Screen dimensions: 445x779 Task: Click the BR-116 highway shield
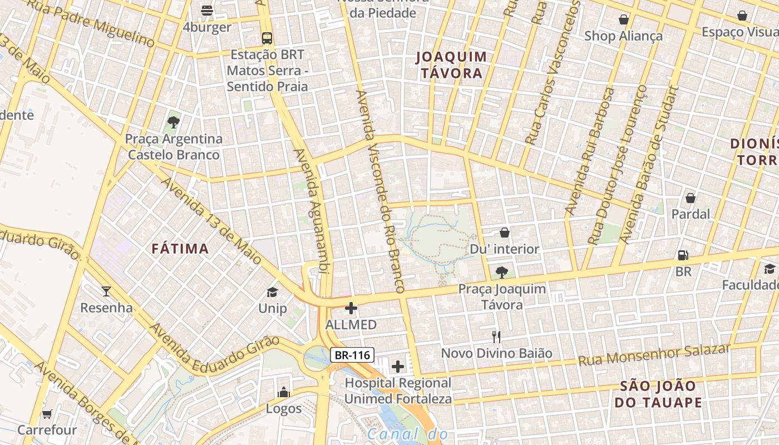click(x=352, y=354)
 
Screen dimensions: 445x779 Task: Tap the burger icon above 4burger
click(x=207, y=10)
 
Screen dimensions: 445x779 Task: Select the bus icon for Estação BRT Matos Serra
click(x=267, y=38)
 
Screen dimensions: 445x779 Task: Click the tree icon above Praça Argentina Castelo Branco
click(x=174, y=122)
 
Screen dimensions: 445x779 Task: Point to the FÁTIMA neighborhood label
click(x=180, y=249)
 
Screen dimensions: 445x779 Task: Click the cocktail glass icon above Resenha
click(x=106, y=291)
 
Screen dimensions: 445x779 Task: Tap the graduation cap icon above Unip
click(x=272, y=292)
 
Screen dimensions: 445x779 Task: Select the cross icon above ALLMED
click(x=351, y=308)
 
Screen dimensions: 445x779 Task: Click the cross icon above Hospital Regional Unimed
click(x=398, y=366)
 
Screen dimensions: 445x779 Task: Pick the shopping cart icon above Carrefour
click(x=47, y=414)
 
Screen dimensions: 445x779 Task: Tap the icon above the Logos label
click(x=284, y=392)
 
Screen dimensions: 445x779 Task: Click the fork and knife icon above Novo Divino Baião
click(x=496, y=337)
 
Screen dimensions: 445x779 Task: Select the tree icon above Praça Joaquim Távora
click(x=502, y=272)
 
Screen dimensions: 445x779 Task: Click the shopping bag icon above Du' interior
click(x=505, y=233)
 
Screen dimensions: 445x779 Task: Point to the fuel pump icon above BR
click(x=683, y=255)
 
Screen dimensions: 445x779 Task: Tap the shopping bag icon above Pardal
click(x=691, y=198)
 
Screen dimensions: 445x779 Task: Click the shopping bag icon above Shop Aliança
click(x=624, y=19)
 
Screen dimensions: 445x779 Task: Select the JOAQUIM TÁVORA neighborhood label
click(x=451, y=65)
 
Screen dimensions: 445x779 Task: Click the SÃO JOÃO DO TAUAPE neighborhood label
click(x=658, y=394)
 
